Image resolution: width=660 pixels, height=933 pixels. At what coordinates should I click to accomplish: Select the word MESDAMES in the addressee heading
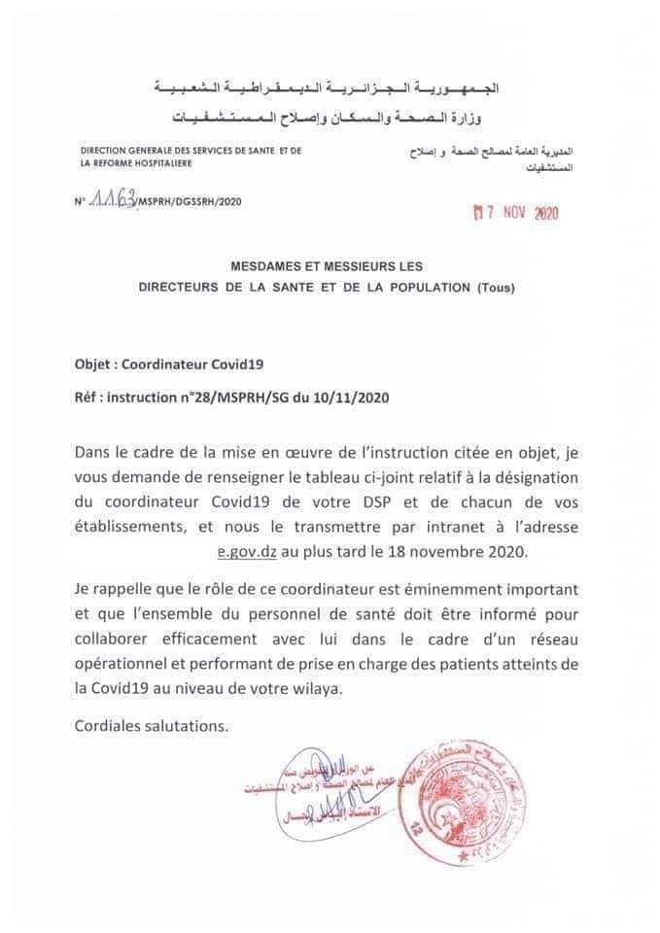269,264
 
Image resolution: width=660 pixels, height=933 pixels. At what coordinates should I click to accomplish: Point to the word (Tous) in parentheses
498,288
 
